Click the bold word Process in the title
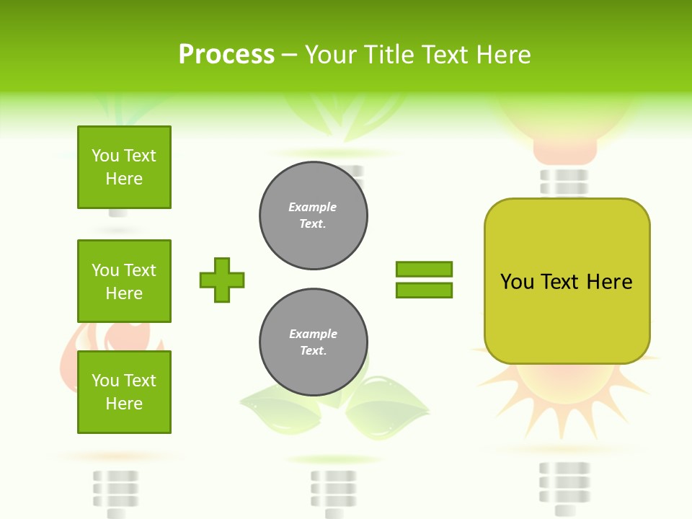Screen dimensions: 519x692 point(226,55)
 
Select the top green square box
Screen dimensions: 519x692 point(124,167)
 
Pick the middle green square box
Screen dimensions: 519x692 point(124,281)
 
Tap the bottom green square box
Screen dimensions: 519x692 point(124,391)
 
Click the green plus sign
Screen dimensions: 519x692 point(222,280)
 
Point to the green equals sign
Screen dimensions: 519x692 point(424,280)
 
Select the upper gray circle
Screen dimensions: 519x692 point(314,216)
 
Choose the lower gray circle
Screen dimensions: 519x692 point(314,342)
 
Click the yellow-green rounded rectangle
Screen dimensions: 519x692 point(567,281)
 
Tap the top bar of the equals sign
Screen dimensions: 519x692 point(424,270)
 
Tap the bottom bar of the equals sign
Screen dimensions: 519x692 point(424,290)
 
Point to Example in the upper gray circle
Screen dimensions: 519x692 point(312,207)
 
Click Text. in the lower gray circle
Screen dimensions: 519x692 point(313,351)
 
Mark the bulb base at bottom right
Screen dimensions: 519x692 point(564,487)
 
